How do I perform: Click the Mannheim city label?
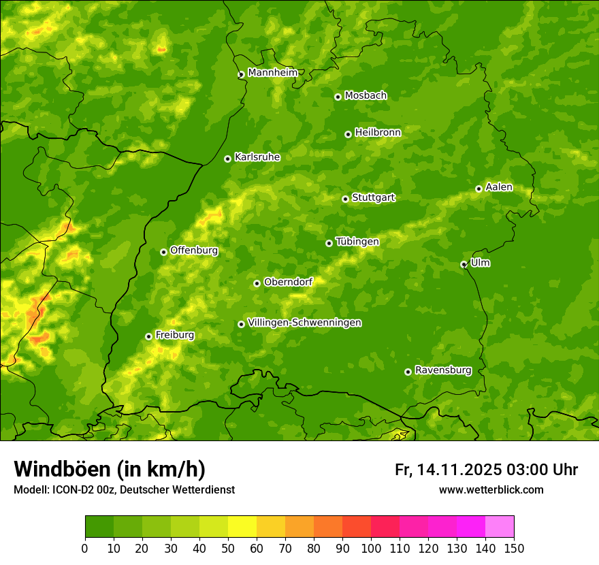pyautogui.click(x=272, y=73)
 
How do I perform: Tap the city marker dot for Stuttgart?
pyautogui.click(x=345, y=199)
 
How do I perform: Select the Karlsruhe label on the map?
pyautogui.click(x=257, y=157)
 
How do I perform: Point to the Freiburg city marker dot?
pyautogui.click(x=148, y=336)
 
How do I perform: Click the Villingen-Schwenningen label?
pyautogui.click(x=304, y=323)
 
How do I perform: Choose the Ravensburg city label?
pyautogui.click(x=442, y=370)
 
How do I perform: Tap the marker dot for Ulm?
pyautogui.click(x=464, y=264)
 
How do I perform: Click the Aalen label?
pyautogui.click(x=499, y=187)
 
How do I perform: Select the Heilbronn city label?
pyautogui.click(x=378, y=133)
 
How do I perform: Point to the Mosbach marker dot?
pyautogui.click(x=338, y=97)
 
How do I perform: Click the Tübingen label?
pyautogui.click(x=357, y=242)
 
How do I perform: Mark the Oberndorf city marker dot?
pyautogui.click(x=257, y=283)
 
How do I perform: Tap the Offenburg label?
pyautogui.click(x=194, y=251)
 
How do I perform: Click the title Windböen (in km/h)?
pyautogui.click(x=110, y=469)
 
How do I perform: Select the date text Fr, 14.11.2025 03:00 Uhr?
pyautogui.click(x=486, y=470)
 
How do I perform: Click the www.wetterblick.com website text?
pyautogui.click(x=491, y=489)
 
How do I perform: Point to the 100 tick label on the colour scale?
pyautogui.click(x=370, y=548)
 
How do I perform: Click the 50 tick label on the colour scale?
pyautogui.click(x=228, y=548)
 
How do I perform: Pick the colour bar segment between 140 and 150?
pyautogui.click(x=500, y=526)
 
